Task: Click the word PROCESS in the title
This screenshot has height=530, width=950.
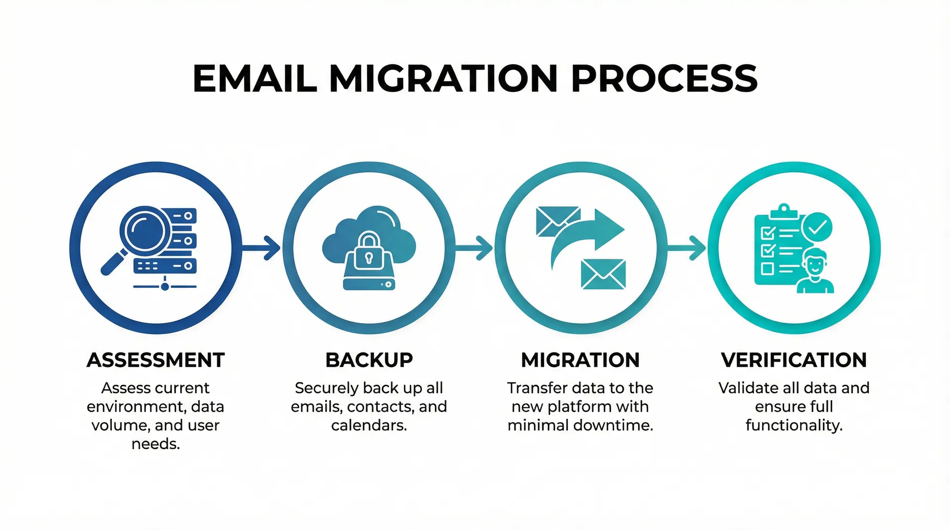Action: coord(664,79)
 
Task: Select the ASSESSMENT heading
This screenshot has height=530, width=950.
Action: coord(156,360)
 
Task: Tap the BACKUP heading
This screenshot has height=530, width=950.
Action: coord(369,360)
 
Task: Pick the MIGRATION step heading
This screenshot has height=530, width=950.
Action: coord(580,360)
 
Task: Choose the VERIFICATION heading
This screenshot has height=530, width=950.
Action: coord(794,360)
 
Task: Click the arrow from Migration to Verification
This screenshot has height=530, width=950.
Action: coord(687,247)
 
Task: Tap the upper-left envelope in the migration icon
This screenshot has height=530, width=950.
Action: coord(557,221)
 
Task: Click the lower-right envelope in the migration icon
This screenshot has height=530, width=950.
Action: coord(603,274)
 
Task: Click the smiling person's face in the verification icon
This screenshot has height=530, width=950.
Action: coord(814,264)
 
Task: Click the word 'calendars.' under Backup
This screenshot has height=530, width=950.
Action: coord(369,426)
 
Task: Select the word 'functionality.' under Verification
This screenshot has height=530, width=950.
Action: coord(794,426)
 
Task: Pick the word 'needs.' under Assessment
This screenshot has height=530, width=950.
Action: coord(156,444)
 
